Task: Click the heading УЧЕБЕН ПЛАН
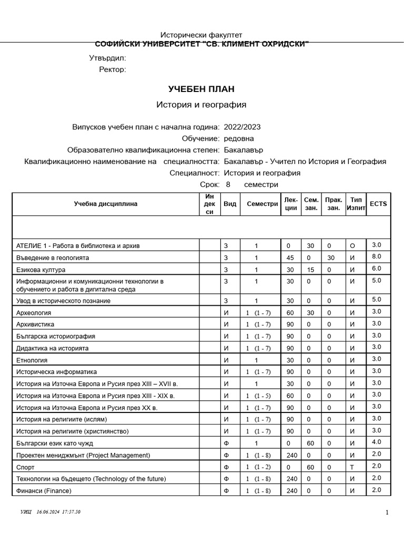tap(201, 89)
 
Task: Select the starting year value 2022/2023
tap(242, 127)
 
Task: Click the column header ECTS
tap(378, 204)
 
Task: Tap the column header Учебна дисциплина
tap(106, 204)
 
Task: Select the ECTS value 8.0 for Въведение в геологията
tap(376, 257)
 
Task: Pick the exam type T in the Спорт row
tap(352, 467)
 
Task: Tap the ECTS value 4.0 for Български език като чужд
tap(376, 442)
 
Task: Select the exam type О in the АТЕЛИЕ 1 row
tap(352, 246)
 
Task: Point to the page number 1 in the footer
tap(387, 512)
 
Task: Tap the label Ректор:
tap(113, 69)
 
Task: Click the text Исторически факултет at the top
tap(201, 35)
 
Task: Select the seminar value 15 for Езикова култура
tap(310, 270)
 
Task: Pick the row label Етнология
tap(32, 360)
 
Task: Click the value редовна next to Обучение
tap(239, 138)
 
